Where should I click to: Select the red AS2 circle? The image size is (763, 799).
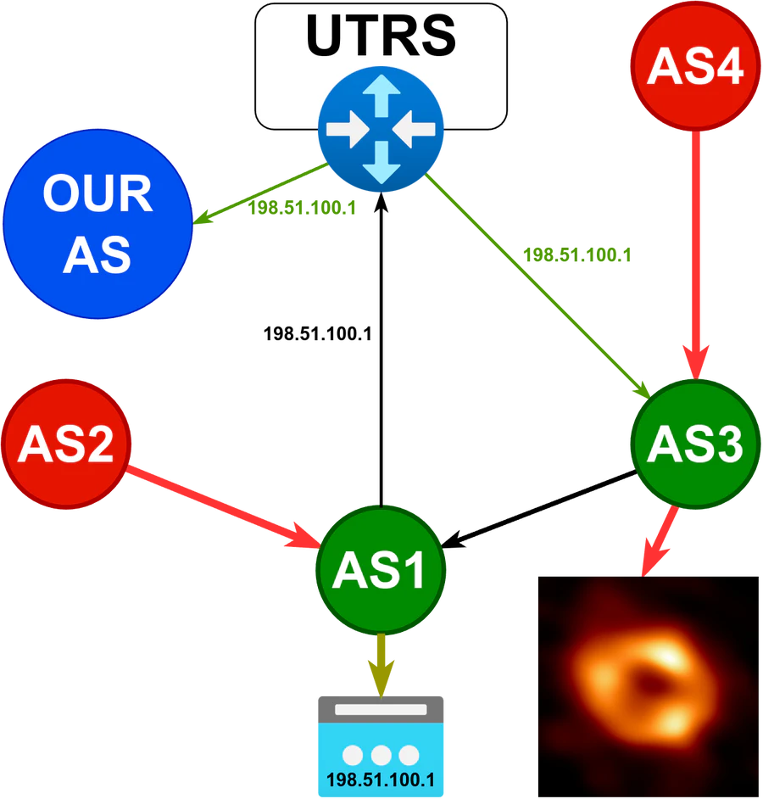pyautogui.click(x=66, y=444)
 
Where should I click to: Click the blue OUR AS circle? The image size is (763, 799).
pyautogui.click(x=97, y=224)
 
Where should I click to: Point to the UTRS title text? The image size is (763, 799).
pyautogui.click(x=381, y=36)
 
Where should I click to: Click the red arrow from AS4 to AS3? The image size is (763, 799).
pyautogui.click(x=695, y=254)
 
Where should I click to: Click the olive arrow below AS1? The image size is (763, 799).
pyautogui.click(x=381, y=662)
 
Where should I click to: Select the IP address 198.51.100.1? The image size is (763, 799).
pyautogui.click(x=381, y=779)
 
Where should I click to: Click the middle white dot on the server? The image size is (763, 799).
pyautogui.click(x=381, y=754)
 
